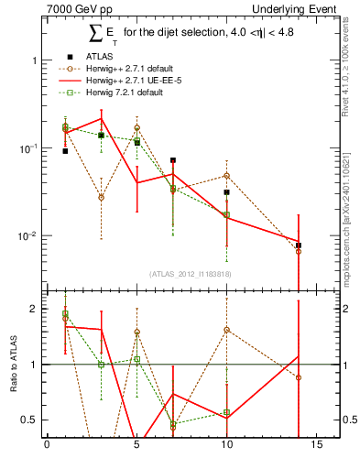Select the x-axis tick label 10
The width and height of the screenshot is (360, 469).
[226, 447]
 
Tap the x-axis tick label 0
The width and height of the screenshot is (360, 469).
[47, 447]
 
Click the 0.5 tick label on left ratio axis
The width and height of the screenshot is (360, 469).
[30, 420]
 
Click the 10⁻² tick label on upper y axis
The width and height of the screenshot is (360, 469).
[27, 236]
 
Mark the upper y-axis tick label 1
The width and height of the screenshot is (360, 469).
[35, 60]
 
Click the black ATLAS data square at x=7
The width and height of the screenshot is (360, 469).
[172, 160]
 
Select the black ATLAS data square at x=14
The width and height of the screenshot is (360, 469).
[299, 245]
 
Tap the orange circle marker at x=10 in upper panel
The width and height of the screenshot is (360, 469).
[226, 175]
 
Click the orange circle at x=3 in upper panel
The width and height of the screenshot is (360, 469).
[101, 197]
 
